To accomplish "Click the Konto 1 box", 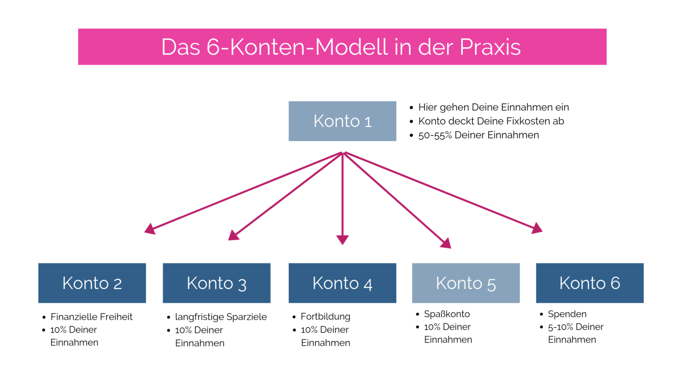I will [x=342, y=121].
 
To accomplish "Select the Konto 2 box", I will [x=92, y=283].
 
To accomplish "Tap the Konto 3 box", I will [x=216, y=283].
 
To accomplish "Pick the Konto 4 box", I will [x=342, y=283].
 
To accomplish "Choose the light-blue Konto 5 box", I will [x=466, y=283].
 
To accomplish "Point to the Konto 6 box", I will [x=589, y=283].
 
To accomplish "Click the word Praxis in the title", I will [x=490, y=47].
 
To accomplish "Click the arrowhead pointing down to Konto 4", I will [x=342, y=240].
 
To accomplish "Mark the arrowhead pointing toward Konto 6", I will [x=537, y=228].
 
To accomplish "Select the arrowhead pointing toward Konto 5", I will [x=446, y=243].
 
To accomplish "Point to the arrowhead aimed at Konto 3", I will [x=234, y=235].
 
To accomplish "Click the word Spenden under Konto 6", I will [x=567, y=314].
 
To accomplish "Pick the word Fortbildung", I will [x=326, y=317].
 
